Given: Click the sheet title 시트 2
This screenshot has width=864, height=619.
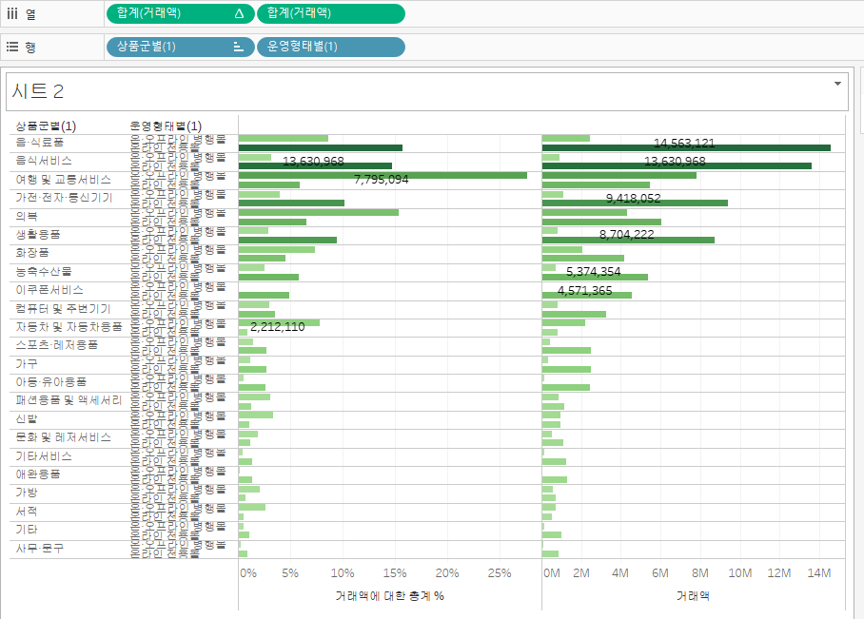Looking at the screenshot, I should click(39, 91).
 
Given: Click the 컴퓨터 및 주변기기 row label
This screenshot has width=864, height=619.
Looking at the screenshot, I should click(64, 309).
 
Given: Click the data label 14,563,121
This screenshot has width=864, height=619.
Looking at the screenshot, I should click(684, 144).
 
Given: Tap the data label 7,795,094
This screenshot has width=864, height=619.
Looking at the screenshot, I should click(381, 179).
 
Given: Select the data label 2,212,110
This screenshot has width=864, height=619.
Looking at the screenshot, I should click(278, 327).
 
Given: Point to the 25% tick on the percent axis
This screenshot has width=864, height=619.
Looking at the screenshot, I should click(500, 573).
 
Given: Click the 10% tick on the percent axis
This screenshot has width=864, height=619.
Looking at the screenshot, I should click(342, 573).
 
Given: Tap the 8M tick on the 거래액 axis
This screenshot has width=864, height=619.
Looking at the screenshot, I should click(699, 573).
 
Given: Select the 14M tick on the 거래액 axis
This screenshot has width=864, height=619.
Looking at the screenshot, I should click(818, 573).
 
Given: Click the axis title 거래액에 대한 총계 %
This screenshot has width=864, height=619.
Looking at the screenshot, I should click(390, 596).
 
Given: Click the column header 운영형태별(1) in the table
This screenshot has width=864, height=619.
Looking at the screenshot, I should click(166, 126).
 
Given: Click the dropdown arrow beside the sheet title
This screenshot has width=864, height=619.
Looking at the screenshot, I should click(837, 84).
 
